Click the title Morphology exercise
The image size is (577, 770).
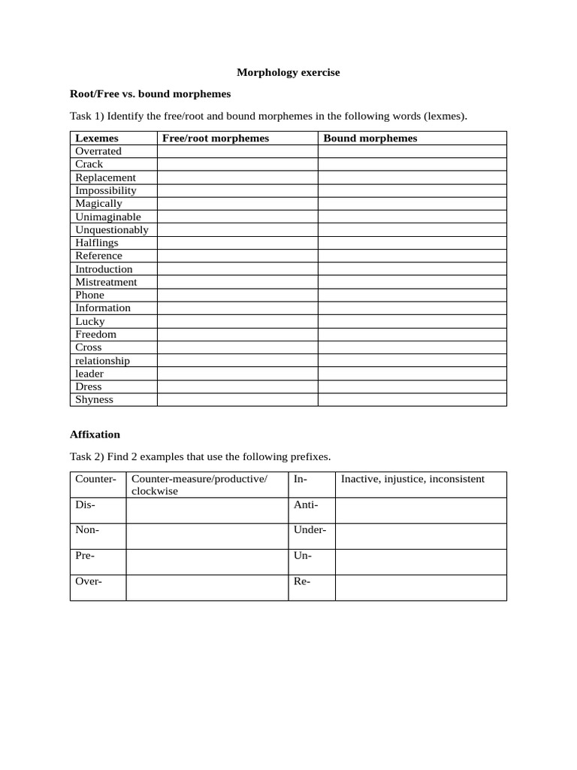coord(288,72)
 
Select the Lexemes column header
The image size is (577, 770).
coord(96,138)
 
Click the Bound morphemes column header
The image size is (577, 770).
coord(370,138)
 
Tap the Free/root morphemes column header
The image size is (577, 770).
coord(215,138)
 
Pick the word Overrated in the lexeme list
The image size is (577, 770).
coord(98,151)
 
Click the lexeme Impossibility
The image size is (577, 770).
coord(105,190)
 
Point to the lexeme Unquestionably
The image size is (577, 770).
coord(111,229)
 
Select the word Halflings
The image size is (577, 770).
coord(96,243)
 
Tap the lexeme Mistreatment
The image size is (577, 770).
coord(106,282)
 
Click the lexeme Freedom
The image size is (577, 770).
coord(95,334)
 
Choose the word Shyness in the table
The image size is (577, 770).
coord(94,399)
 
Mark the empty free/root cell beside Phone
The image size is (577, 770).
coord(237,295)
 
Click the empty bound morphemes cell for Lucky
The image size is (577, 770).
coord(412,321)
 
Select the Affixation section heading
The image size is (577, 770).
coord(95,435)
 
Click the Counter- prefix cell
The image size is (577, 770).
coord(95,479)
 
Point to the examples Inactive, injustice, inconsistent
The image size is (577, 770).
coord(412,479)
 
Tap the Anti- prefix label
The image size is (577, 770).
coord(306,505)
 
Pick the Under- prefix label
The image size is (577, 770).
coord(310,530)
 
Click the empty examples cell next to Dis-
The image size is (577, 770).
coord(207,511)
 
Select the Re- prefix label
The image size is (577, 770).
coord(302,581)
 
